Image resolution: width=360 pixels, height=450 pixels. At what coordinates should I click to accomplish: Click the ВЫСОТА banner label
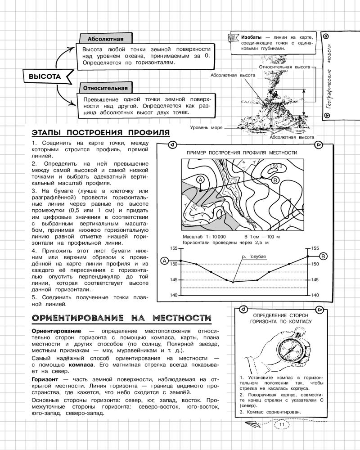[x=45, y=76]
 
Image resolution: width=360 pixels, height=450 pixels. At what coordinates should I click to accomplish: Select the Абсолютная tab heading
[x=105, y=38]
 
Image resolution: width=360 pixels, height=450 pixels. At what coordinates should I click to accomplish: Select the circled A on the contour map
[x=201, y=180]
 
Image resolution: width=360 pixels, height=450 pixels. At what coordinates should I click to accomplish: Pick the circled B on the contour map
[x=276, y=180]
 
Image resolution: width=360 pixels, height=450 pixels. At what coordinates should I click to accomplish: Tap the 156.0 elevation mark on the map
[x=275, y=166]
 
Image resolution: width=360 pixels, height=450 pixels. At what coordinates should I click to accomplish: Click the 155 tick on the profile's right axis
[x=315, y=248]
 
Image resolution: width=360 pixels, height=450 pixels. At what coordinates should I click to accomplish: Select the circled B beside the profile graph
[x=324, y=256]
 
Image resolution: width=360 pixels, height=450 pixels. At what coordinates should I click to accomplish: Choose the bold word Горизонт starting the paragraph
[x=45, y=380]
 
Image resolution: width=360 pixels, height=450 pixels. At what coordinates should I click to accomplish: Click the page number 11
[x=283, y=424]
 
